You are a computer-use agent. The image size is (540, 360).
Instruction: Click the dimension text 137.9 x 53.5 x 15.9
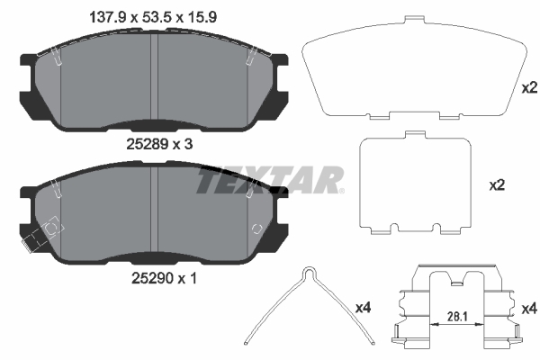[153, 17]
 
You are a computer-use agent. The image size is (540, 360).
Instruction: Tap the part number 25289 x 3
[159, 144]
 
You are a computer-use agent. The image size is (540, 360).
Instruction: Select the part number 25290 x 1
[165, 278]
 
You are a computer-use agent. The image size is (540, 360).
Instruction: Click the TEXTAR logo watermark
[270, 179]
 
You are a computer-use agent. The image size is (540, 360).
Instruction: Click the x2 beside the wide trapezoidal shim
[529, 88]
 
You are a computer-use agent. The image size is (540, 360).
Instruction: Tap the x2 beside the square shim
[497, 185]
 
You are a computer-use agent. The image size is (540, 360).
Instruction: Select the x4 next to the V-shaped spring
[363, 308]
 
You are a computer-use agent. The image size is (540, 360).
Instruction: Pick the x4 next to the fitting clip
[529, 309]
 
